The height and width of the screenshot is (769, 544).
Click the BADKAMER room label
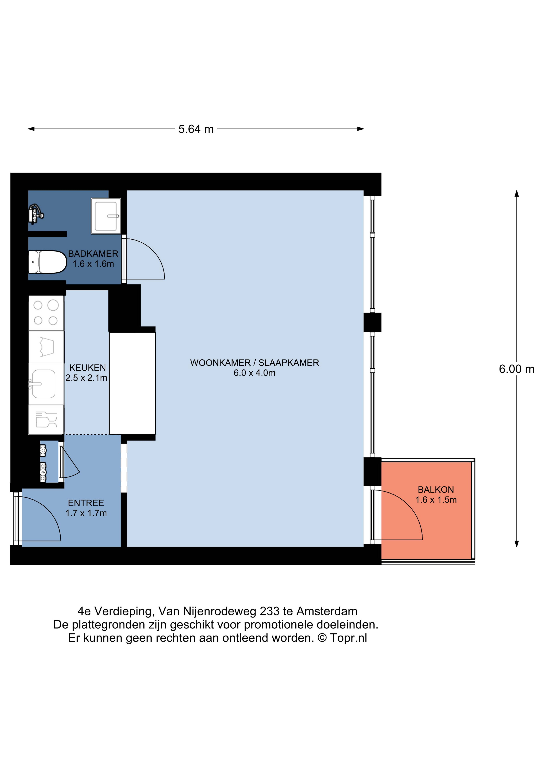tap(93, 254)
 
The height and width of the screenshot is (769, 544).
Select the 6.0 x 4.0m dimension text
tap(254, 373)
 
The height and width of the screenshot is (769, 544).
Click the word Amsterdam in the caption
tap(327, 611)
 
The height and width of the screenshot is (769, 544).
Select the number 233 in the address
tap(269, 611)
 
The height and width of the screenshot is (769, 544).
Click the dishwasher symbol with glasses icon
tap(46, 419)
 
